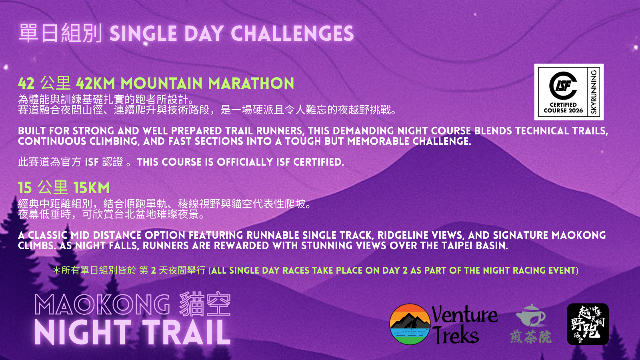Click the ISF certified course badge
569,92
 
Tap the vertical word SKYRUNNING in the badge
594,92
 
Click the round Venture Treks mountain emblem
410,324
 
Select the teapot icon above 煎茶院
530,316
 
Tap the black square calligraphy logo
588,324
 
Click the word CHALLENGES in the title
292,34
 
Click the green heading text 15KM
92,188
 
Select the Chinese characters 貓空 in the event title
205,304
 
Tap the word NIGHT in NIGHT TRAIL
83,332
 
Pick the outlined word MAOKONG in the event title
102,305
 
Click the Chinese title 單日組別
60,34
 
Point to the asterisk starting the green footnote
56,270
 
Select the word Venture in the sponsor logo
464,314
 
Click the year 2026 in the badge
575,110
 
